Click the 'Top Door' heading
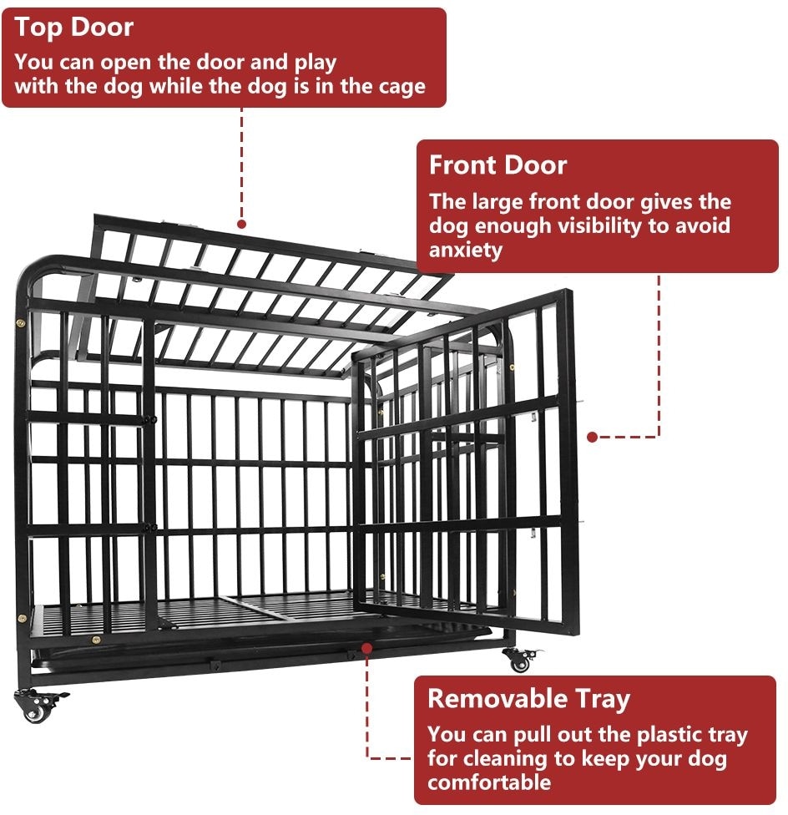(x=73, y=28)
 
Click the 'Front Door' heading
(x=498, y=165)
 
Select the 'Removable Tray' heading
(x=528, y=699)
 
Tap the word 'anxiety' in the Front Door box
(x=466, y=250)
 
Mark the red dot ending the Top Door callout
(x=241, y=224)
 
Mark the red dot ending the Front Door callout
(x=592, y=436)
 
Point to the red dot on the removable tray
(x=366, y=646)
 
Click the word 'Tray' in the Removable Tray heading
(x=597, y=699)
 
